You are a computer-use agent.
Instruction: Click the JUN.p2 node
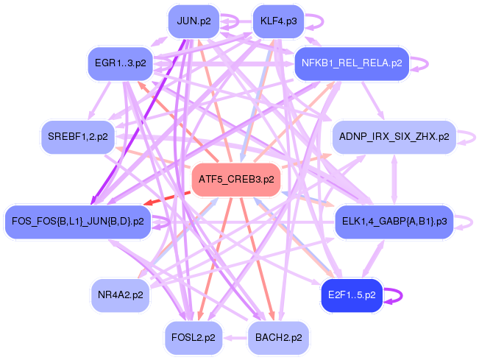pos(194,21)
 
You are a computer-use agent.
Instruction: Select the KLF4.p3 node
pos(278,21)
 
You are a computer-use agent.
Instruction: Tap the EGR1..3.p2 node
pos(121,63)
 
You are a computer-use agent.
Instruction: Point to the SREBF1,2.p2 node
pos(77,136)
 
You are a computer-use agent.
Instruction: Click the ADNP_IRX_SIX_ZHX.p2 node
pos(394,137)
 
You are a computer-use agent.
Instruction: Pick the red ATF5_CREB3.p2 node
pos(236,179)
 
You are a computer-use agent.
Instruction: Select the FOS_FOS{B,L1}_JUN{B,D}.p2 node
pos(77,220)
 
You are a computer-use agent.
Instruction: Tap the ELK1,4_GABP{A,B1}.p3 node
pos(394,220)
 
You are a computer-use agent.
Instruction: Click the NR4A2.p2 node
pos(120,294)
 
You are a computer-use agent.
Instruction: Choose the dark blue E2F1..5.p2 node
pos(351,294)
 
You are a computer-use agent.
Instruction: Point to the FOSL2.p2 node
pos(194,337)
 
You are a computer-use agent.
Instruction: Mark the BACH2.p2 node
pos(278,337)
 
